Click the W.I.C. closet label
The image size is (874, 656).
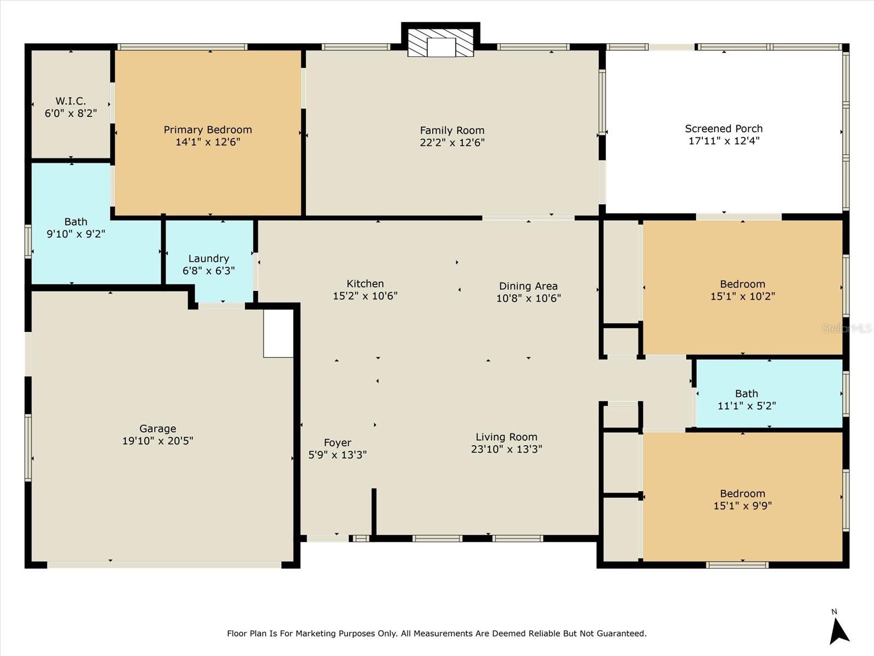click(x=70, y=101)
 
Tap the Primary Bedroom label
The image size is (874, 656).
click(x=208, y=130)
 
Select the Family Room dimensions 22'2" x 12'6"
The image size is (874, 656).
click(x=452, y=143)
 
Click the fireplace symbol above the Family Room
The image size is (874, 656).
click(x=441, y=42)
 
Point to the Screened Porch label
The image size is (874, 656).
click(x=724, y=128)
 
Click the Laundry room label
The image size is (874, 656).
click(x=209, y=259)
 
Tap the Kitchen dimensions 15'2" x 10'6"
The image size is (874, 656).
click(x=365, y=296)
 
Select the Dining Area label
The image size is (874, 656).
click(x=528, y=286)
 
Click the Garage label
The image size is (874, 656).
click(x=158, y=429)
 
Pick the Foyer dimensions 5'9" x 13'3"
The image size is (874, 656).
click(x=338, y=455)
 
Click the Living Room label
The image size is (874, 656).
click(x=506, y=437)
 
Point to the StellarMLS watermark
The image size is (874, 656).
click(x=847, y=329)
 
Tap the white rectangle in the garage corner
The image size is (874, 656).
click(x=279, y=333)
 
